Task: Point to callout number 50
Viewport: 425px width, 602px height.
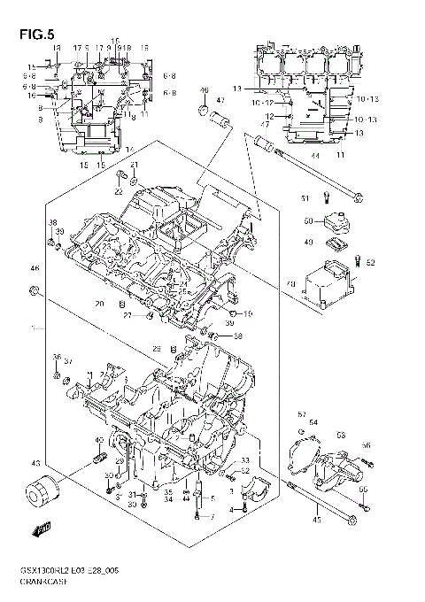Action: click(x=307, y=221)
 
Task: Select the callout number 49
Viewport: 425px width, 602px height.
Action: click(x=309, y=241)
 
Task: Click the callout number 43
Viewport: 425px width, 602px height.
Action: click(x=35, y=463)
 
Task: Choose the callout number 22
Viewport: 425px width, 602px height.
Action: click(x=118, y=191)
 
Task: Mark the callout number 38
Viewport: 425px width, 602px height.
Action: click(x=52, y=222)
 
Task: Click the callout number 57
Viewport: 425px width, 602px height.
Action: click(x=301, y=414)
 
